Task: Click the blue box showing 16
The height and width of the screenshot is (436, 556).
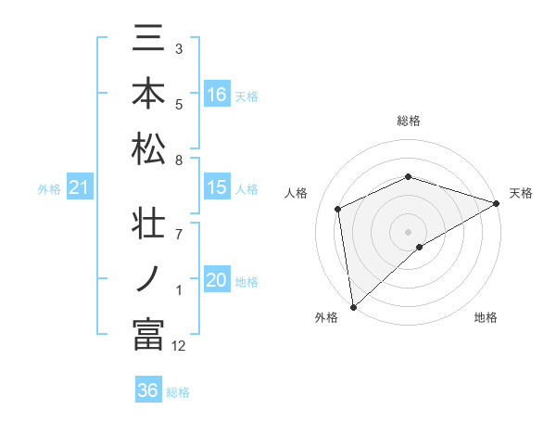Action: [217, 95]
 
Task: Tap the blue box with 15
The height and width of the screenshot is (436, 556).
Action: [217, 187]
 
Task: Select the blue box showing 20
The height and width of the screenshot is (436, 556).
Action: [217, 281]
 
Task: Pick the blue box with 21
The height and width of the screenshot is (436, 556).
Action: [80, 188]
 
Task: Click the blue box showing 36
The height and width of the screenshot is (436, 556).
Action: [148, 391]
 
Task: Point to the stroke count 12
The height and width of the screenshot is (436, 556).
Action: [179, 346]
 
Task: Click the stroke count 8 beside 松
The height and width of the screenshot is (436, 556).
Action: [179, 160]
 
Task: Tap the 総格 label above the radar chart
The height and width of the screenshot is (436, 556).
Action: [409, 121]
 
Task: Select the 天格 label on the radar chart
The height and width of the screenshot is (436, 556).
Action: [521, 193]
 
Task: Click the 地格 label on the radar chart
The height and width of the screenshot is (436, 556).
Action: [486, 318]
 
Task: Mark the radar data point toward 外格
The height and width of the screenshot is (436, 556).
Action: [353, 307]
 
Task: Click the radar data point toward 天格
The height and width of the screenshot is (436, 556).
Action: [497, 204]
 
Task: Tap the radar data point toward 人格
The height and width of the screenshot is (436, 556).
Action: [338, 209]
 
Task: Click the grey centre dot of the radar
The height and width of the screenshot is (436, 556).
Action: [409, 231]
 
